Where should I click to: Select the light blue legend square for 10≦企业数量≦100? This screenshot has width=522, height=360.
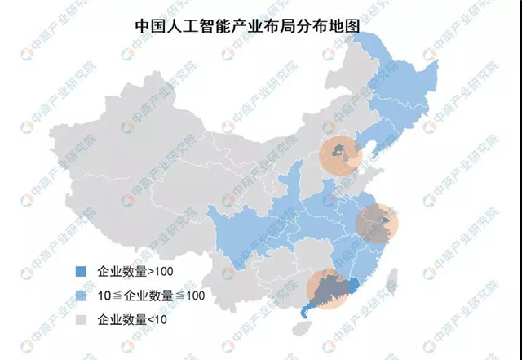(80, 295)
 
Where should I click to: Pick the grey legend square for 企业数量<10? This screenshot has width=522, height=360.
(80, 319)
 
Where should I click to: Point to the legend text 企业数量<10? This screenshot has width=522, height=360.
(131, 319)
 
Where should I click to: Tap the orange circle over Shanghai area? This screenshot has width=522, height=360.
(378, 223)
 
